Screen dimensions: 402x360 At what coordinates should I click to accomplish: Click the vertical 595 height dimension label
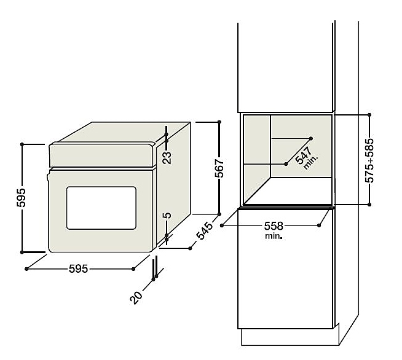pos(21,198)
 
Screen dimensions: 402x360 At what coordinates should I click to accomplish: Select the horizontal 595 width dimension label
pos(79,269)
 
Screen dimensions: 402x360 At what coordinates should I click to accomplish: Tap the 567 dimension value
pos(219,168)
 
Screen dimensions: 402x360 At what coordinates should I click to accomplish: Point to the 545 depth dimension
pos(204,230)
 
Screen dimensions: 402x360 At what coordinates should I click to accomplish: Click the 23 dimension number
pos(167,157)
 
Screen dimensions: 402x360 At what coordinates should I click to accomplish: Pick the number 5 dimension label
pos(167,216)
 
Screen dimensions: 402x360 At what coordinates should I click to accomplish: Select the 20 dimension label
pos(136,297)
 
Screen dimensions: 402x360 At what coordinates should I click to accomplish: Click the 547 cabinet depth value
pos(303,155)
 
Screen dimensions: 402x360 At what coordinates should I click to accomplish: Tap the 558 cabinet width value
pos(274,225)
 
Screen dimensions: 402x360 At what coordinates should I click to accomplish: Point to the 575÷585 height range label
pos(369,160)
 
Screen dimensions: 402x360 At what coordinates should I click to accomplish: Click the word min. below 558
pos(274,236)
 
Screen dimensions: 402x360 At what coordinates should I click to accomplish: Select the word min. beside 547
pos(311,163)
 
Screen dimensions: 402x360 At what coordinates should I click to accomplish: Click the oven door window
pos(101,208)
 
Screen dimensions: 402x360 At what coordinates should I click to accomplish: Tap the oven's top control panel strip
pos(103,155)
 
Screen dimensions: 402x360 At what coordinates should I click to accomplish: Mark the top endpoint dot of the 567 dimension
pos(219,122)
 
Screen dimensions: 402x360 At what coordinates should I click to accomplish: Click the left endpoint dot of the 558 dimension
pos(222,225)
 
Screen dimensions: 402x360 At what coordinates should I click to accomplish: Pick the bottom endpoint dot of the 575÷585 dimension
pos(369,205)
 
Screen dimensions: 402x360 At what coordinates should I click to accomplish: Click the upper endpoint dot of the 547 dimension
pos(311,138)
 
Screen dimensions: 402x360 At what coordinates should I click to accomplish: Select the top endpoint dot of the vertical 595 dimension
pos(22,144)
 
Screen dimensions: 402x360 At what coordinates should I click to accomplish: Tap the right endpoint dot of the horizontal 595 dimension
pos(133,269)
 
